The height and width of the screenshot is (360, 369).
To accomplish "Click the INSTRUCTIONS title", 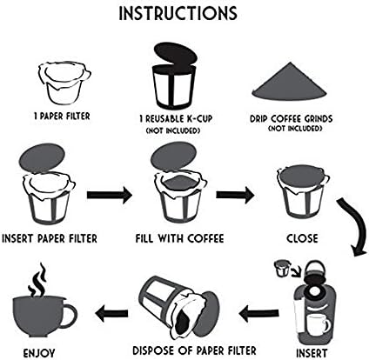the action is pyautogui.click(x=178, y=12).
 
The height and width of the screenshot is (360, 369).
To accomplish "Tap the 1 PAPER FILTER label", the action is pyautogui.click(x=62, y=117).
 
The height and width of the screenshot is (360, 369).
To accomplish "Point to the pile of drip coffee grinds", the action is pyautogui.click(x=289, y=81).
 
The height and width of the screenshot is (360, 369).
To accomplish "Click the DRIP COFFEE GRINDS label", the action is pyautogui.click(x=292, y=118).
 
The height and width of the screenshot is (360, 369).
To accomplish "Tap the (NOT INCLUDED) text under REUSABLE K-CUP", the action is pyautogui.click(x=173, y=130).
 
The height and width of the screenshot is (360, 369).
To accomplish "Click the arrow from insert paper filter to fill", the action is pyautogui.click(x=110, y=195).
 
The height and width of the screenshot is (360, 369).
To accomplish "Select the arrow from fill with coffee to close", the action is pyautogui.click(x=235, y=195).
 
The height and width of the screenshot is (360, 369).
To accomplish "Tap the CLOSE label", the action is pyautogui.click(x=302, y=238).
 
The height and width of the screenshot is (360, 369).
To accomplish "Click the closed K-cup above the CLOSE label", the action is pyautogui.click(x=303, y=191).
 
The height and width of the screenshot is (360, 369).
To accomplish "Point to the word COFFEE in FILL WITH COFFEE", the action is pyautogui.click(x=205, y=238).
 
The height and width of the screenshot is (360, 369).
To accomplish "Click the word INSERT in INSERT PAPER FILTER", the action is pyautogui.click(x=18, y=238).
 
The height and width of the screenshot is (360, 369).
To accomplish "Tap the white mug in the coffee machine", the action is pyautogui.click(x=319, y=324).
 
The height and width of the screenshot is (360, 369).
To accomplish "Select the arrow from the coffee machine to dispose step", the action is pyautogui.click(x=259, y=313).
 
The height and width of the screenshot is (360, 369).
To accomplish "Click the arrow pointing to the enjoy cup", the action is pyautogui.click(x=111, y=313).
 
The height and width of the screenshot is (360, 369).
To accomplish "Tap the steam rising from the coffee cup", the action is pyautogui.click(x=37, y=280).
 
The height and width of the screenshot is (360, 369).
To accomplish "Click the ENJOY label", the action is pyautogui.click(x=39, y=353).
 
